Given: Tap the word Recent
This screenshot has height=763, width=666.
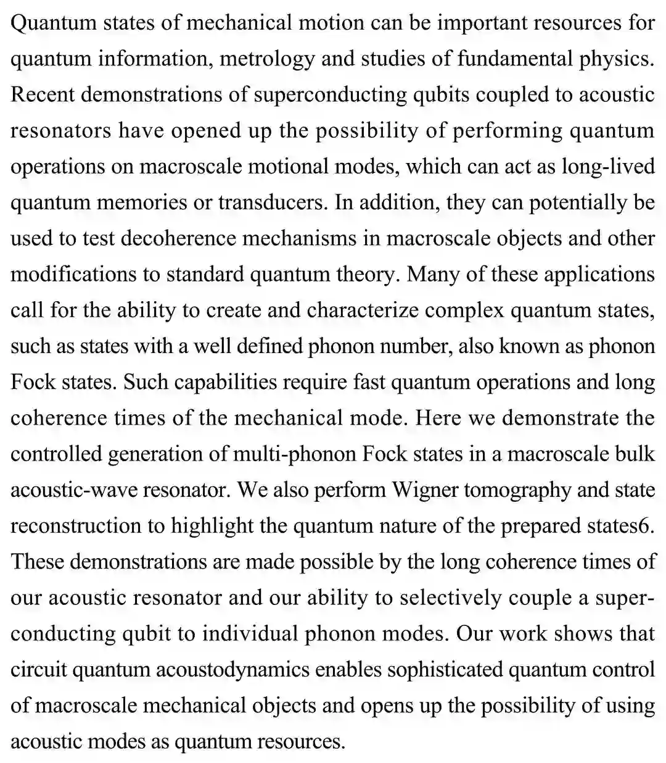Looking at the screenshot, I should click(x=42, y=95).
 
